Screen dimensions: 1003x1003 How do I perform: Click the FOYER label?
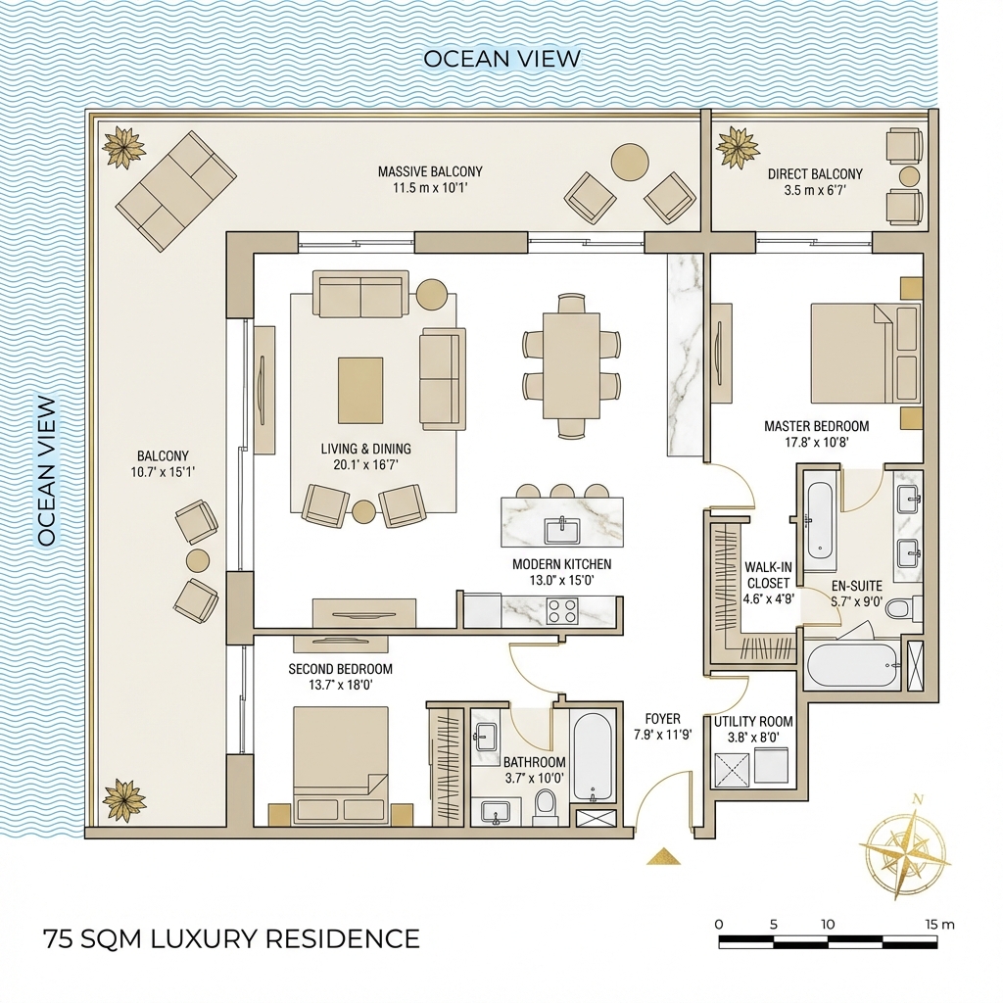click(x=662, y=718)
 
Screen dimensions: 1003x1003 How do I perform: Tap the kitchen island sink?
click(x=562, y=530)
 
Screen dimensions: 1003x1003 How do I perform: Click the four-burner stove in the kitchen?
click(x=562, y=611)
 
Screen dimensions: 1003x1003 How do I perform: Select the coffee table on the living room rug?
click(x=360, y=390)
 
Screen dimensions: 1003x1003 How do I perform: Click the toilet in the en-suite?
click(x=904, y=607)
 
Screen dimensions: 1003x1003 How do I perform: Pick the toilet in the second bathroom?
click(x=545, y=807)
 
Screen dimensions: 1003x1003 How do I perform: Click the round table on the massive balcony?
click(x=630, y=161)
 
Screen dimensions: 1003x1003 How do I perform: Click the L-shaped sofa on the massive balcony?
click(x=176, y=191)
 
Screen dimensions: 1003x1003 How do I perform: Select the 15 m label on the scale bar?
click(x=939, y=925)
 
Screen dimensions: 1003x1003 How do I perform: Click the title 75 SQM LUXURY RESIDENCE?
click(x=231, y=939)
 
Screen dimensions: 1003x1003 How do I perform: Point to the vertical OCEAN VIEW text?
click(x=47, y=471)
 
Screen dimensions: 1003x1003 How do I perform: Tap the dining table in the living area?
click(x=571, y=365)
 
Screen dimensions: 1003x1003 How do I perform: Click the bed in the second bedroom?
click(x=341, y=764)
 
